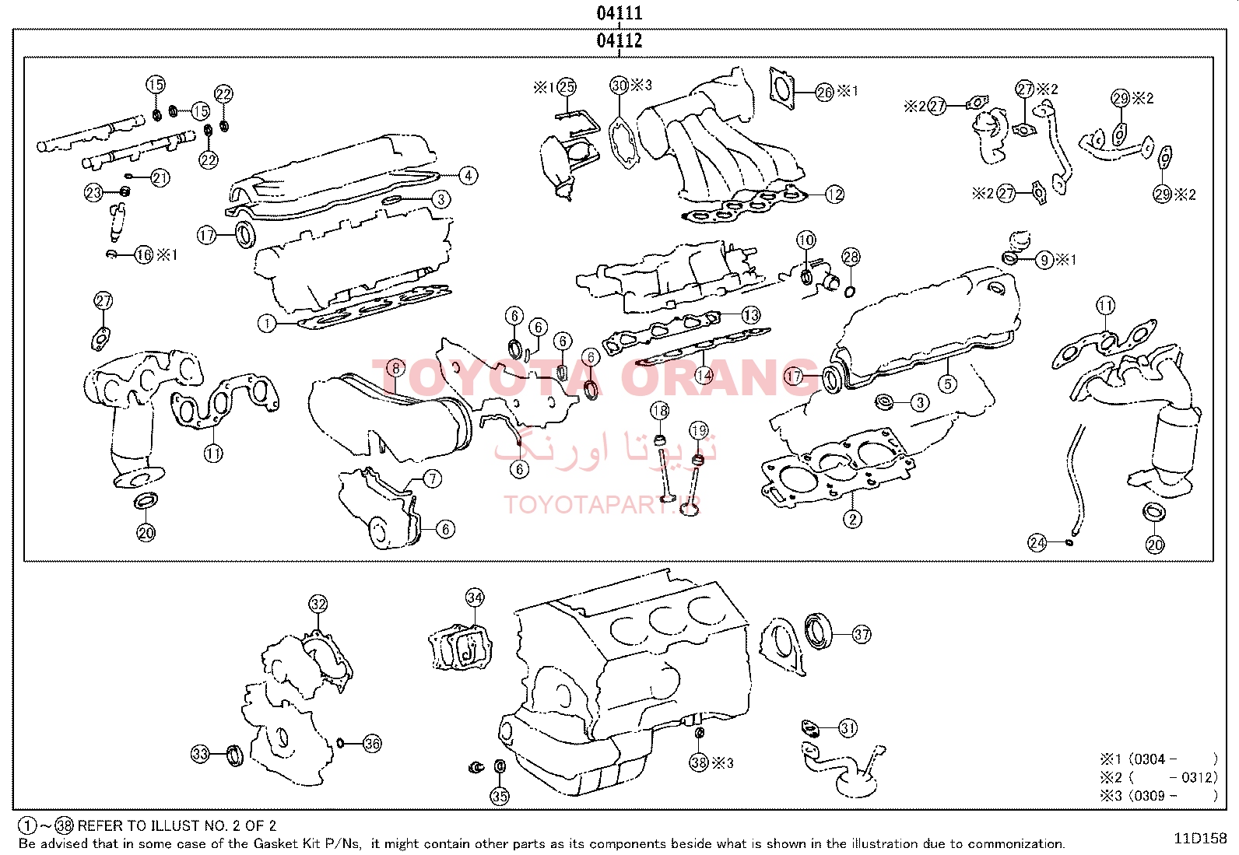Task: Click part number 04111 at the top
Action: [x=619, y=12]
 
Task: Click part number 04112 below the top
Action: [x=619, y=40]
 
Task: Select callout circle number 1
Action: [x=267, y=323]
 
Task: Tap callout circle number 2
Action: [x=852, y=519]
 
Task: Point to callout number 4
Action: [x=468, y=175]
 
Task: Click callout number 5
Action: [x=947, y=383]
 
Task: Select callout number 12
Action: [x=834, y=194]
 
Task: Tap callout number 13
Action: [x=750, y=315]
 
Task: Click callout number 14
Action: [x=704, y=375]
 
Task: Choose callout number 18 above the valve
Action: [x=659, y=411]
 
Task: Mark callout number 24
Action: [x=1037, y=542]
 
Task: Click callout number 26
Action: [x=825, y=92]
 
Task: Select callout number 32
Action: [x=318, y=604]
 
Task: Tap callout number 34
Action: [x=475, y=597]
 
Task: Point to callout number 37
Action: [x=862, y=634]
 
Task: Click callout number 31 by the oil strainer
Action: [x=848, y=728]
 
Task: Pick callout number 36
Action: [x=372, y=744]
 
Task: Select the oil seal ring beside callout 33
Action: [x=234, y=754]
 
